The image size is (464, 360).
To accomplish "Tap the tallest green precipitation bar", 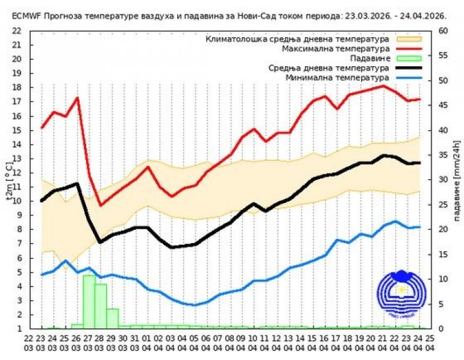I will click(89, 302).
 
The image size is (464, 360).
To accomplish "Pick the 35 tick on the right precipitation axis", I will click(442, 155).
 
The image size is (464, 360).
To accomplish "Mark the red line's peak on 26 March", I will click(77, 98).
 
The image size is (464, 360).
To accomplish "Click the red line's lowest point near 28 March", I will click(101, 205).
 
